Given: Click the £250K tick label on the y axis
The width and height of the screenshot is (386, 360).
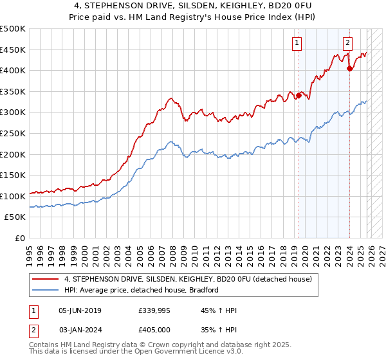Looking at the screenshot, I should (x=12, y=133).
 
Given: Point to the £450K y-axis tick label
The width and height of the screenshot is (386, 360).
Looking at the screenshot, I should (x=12, y=50).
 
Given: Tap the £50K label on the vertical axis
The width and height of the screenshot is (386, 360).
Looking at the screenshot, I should (x=15, y=217).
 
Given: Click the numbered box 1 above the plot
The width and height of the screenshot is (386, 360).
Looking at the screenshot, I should (x=297, y=43).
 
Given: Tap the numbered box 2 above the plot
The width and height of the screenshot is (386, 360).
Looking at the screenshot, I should (x=347, y=43).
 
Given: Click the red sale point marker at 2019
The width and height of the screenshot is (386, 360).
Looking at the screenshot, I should (x=299, y=96).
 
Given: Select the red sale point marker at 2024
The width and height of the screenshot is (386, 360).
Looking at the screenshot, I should (x=349, y=69).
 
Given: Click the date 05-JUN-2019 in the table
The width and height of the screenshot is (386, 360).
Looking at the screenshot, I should (x=80, y=310).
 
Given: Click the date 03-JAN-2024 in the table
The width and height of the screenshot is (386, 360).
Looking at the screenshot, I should (x=80, y=330).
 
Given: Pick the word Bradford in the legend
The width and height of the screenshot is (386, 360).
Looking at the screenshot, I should (x=204, y=290).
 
